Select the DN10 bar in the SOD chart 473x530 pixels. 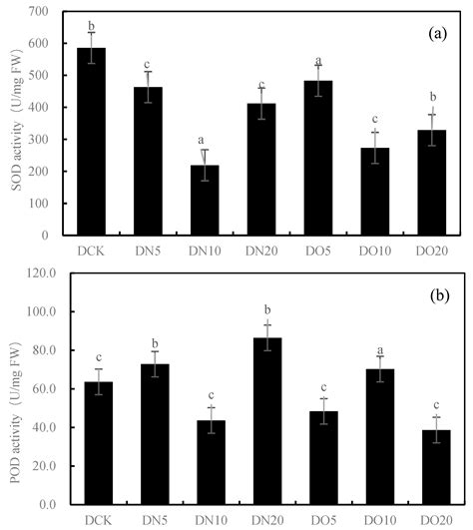tap(205, 200)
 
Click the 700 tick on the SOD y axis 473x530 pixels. tap(37, 12)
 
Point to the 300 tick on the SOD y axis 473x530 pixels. tap(37, 140)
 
